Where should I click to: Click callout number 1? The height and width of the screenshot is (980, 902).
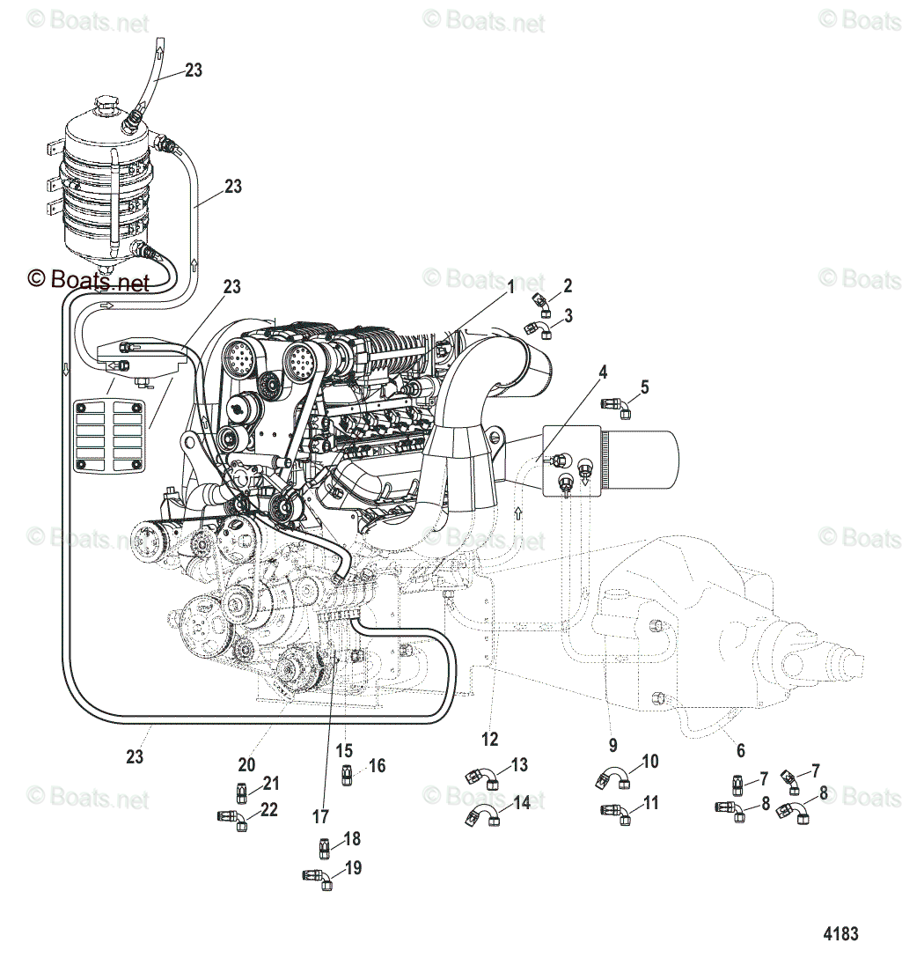[x=510, y=286]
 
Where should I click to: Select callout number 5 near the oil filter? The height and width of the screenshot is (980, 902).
[x=644, y=387]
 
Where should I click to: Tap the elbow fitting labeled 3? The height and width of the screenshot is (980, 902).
[x=540, y=329]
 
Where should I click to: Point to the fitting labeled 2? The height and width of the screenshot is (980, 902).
[x=541, y=301]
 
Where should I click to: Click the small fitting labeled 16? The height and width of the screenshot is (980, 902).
[x=347, y=775]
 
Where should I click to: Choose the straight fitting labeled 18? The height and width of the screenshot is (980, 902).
[x=324, y=848]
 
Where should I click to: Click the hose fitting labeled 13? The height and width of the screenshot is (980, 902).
[x=481, y=776]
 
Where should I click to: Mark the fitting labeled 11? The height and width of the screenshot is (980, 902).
[x=617, y=811]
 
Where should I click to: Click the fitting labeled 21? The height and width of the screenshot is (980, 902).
[x=244, y=785]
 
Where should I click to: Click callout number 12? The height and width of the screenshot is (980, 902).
[x=489, y=740]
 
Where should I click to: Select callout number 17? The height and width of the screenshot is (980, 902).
[x=321, y=816]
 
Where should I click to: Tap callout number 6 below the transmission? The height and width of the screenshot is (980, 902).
[x=740, y=750]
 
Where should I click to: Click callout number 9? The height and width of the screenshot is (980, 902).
[x=612, y=744]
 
